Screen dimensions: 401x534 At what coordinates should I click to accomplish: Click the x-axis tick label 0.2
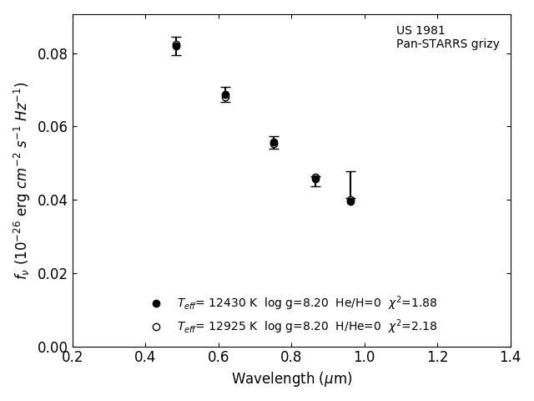coord(73,357)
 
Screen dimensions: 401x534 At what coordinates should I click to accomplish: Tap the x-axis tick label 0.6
coord(219,357)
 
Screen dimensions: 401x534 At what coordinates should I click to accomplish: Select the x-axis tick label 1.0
coord(365,357)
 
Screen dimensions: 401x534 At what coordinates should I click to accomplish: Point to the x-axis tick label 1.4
coord(511,357)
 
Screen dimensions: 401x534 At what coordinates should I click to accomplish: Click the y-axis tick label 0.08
coord(52,54)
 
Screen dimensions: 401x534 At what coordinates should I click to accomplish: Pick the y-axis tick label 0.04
coord(52,200)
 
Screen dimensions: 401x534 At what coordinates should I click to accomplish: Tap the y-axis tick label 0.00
coord(52,347)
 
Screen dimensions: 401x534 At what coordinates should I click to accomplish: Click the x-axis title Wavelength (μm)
coord(292,378)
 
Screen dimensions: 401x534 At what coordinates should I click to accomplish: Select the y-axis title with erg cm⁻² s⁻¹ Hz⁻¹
coord(22,180)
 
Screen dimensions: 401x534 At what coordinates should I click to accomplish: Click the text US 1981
coord(421,31)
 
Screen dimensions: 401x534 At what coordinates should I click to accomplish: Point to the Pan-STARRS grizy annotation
coord(447,44)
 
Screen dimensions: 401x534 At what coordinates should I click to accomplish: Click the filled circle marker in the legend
coord(156,303)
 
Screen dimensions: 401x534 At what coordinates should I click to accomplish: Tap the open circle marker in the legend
coord(156,327)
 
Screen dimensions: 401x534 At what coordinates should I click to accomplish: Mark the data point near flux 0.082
coord(176,46)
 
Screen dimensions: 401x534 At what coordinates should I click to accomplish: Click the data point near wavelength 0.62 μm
coord(225,95)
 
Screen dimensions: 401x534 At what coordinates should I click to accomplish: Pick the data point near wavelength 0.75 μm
coord(274,143)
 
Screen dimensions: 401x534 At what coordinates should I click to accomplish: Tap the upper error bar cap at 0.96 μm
coord(350,171)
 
